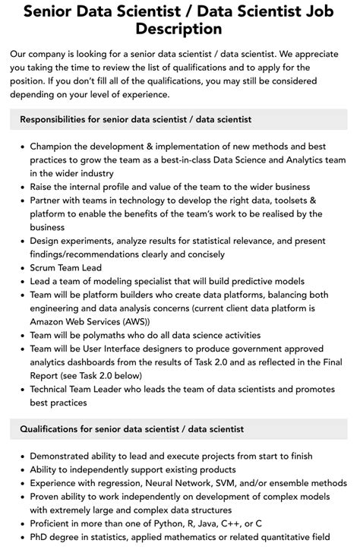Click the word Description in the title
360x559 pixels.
coord(179,29)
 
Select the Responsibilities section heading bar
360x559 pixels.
coord(179,119)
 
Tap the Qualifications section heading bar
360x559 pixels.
coord(179,429)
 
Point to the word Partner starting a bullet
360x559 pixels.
coord(48,200)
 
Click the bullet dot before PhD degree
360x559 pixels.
coord(21,538)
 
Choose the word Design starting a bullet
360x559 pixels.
coord(46,241)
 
